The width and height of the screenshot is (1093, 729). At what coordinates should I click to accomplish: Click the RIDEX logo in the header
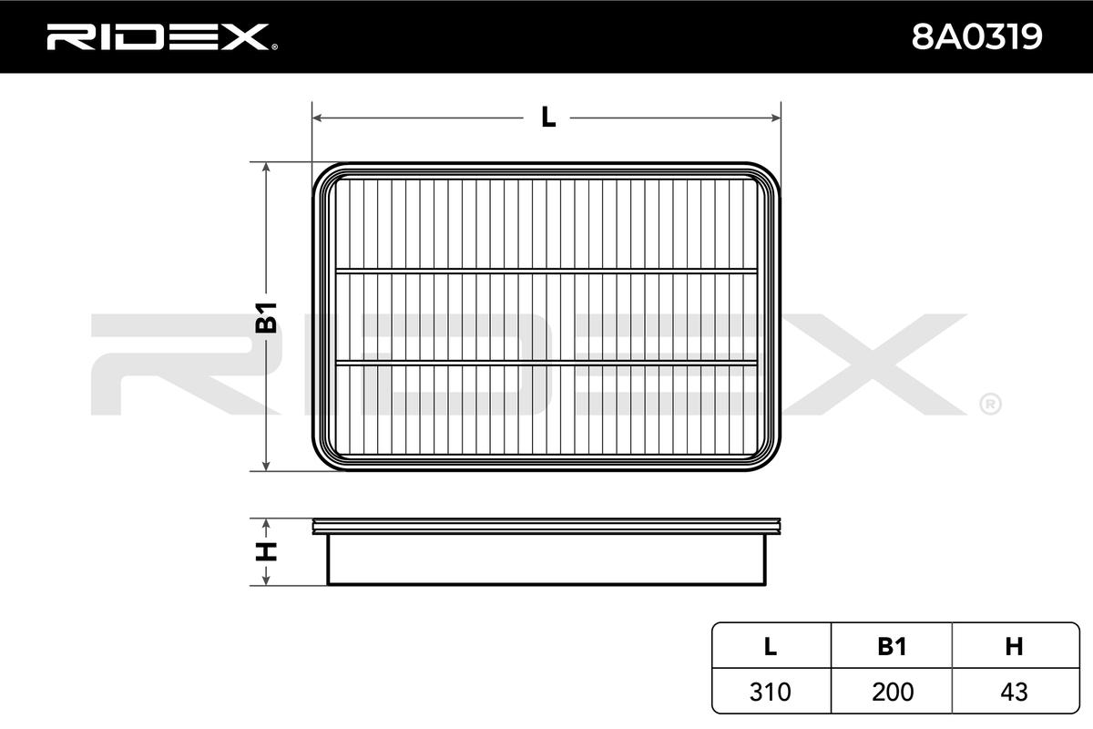[x=162, y=37]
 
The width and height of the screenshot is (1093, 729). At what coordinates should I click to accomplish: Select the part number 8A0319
[x=976, y=37]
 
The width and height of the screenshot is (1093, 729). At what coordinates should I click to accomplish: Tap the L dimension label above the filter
[x=548, y=118]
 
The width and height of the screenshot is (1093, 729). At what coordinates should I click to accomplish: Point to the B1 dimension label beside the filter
[x=266, y=317]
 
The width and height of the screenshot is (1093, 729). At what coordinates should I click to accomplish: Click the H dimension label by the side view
[x=266, y=551]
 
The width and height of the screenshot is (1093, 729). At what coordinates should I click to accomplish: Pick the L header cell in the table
[x=771, y=646]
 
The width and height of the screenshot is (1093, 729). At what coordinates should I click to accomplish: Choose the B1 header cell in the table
[x=892, y=646]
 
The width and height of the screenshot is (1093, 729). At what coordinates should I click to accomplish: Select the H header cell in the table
[x=1014, y=646]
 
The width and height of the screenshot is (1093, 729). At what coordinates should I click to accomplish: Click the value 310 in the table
[x=771, y=692]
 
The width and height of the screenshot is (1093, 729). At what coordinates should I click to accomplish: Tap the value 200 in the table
[x=893, y=692]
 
